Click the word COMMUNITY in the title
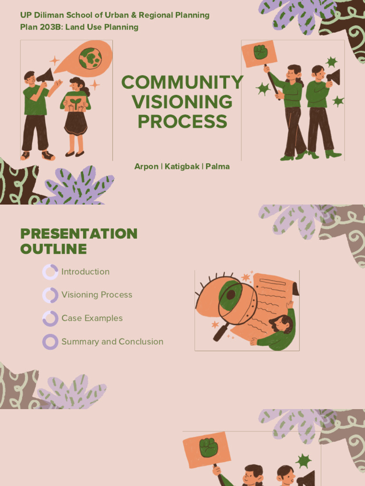click(x=182, y=83)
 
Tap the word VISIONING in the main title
click(x=182, y=102)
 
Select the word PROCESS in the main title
click(x=182, y=121)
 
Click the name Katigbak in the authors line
click(x=182, y=167)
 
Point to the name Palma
click(x=218, y=167)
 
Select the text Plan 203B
click(x=40, y=27)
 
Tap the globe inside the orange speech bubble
click(x=90, y=58)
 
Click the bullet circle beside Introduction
click(x=50, y=272)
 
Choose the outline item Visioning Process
click(x=97, y=295)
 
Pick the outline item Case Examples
click(x=92, y=318)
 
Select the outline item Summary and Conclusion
click(x=112, y=342)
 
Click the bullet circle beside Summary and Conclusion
click(x=50, y=342)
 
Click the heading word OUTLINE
click(x=54, y=249)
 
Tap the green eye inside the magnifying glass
click(x=231, y=296)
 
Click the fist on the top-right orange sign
click(x=260, y=52)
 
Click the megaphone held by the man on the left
click(x=45, y=75)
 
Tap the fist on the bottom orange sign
click(x=208, y=448)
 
